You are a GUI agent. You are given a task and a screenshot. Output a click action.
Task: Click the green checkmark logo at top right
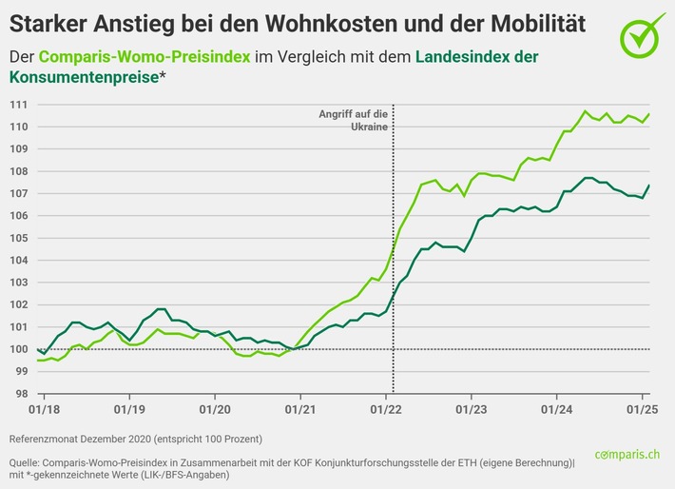pyautogui.click(x=644, y=34)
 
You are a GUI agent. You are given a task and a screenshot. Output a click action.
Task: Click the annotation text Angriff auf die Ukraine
pyautogui.click(x=352, y=120)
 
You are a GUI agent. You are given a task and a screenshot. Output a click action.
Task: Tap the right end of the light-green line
pyautogui.click(x=648, y=114)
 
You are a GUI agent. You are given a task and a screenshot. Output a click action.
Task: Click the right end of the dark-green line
pyautogui.click(x=648, y=186)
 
